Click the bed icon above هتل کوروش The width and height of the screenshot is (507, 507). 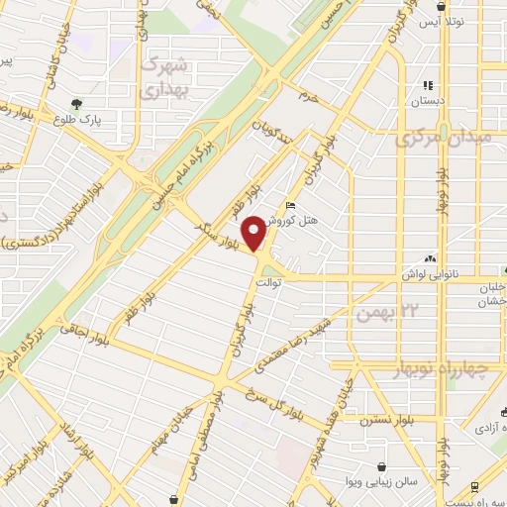(x=289, y=205)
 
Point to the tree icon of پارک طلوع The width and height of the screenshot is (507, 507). (x=77, y=102)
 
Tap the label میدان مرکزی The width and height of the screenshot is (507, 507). (x=450, y=139)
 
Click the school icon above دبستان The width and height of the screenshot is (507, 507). (x=429, y=85)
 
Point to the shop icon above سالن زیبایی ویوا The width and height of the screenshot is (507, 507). (x=381, y=465)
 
